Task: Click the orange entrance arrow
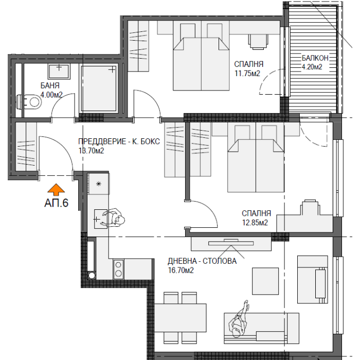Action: [56, 189]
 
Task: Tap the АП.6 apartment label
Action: [56, 203]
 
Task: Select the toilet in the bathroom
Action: [29, 102]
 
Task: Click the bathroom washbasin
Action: [59, 71]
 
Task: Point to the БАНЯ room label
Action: [50, 86]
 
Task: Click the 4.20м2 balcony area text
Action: [312, 67]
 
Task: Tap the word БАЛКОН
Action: [315, 58]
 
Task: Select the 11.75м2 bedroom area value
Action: [247, 74]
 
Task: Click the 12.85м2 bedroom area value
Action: [255, 223]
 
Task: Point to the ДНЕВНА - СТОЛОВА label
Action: [202, 261]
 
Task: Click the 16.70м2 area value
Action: [181, 270]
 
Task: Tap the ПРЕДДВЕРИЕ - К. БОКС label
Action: [119, 141]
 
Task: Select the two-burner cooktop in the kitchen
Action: [118, 269]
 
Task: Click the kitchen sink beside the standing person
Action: [101, 219]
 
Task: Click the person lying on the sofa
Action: [239, 319]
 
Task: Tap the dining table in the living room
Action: [180, 318]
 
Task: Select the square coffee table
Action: [265, 281]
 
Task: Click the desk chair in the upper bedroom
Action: [258, 42]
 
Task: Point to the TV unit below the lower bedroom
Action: [231, 244]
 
